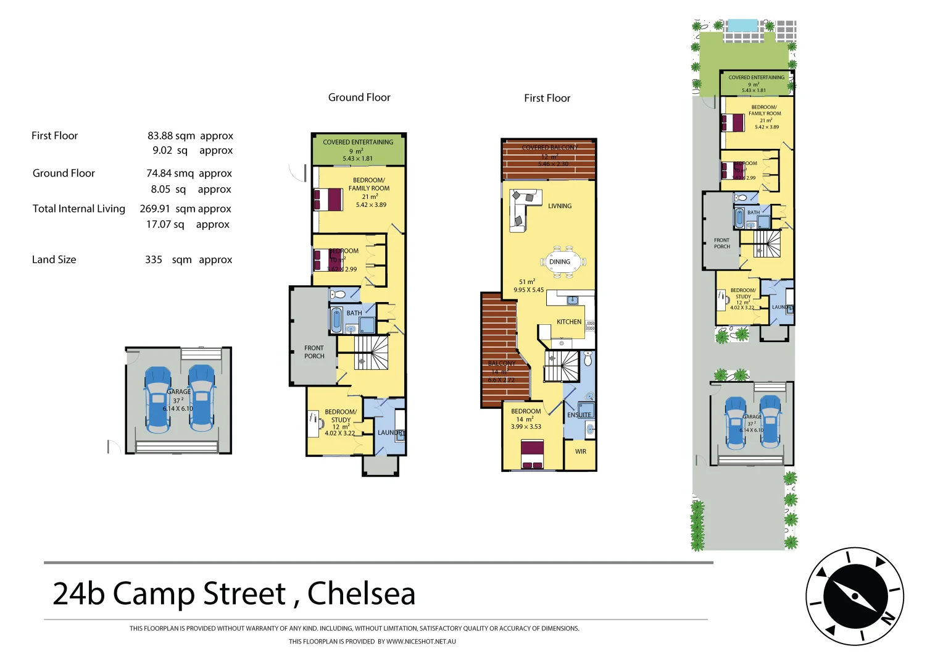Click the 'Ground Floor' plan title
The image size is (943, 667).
tap(359, 98)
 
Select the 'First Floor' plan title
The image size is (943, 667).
tap(547, 98)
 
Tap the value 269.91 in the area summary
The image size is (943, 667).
tap(154, 209)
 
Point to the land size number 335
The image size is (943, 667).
tap(154, 260)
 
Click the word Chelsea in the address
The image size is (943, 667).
tap(361, 594)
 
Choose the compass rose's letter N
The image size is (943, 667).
tap(887, 618)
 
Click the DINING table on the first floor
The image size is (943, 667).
tap(560, 262)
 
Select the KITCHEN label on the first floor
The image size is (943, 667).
tap(568, 322)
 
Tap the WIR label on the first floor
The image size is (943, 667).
tap(580, 451)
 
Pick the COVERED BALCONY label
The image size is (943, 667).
tap(549, 148)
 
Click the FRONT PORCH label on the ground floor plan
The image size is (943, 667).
tap(314, 352)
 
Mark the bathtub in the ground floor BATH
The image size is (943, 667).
tap(337, 321)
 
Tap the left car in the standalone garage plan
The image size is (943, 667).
tap(157, 399)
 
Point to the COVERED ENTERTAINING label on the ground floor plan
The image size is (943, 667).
tap(358, 142)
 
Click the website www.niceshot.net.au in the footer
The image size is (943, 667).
tap(421, 642)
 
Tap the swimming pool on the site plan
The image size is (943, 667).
tap(742, 26)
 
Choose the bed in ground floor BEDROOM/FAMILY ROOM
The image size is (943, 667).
tap(328, 199)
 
